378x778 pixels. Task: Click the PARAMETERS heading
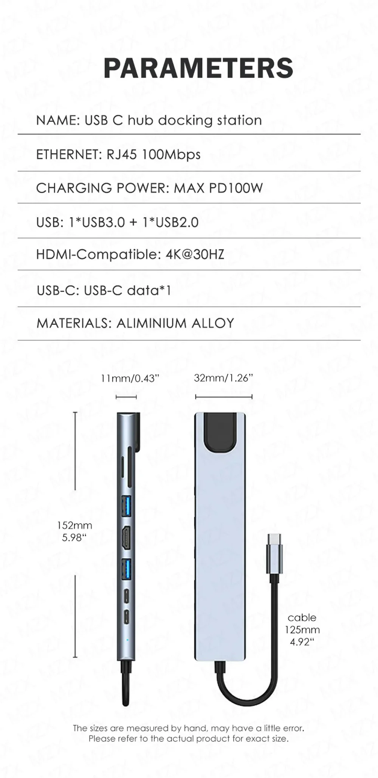pos(198,68)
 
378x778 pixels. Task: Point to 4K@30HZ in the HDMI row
pos(195,254)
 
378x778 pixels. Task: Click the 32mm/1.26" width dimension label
pos(223,378)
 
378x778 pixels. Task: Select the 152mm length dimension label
pos(74,525)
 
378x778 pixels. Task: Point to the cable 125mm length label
pos(302,630)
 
